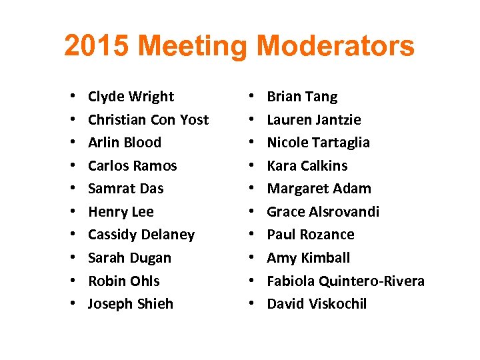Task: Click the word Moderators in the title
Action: (x=335, y=47)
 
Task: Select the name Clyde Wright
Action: (x=131, y=97)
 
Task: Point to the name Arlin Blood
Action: (x=125, y=143)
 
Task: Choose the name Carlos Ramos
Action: (x=133, y=166)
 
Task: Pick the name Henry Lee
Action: (x=121, y=212)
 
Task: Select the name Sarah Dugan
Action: (x=129, y=258)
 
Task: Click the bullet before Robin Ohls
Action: (x=71, y=281)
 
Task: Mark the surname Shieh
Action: (x=155, y=304)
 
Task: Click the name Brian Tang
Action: (x=302, y=97)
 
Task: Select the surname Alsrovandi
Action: (x=344, y=212)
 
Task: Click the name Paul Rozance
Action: (x=311, y=235)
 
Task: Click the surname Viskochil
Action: (x=337, y=304)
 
